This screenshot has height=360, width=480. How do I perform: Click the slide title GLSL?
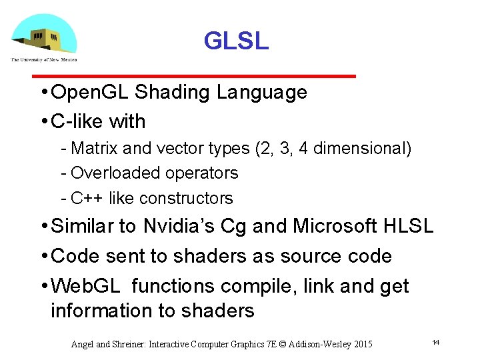click(x=236, y=41)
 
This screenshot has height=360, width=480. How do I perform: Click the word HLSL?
click(x=409, y=227)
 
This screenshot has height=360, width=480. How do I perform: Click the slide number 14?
click(x=435, y=343)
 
